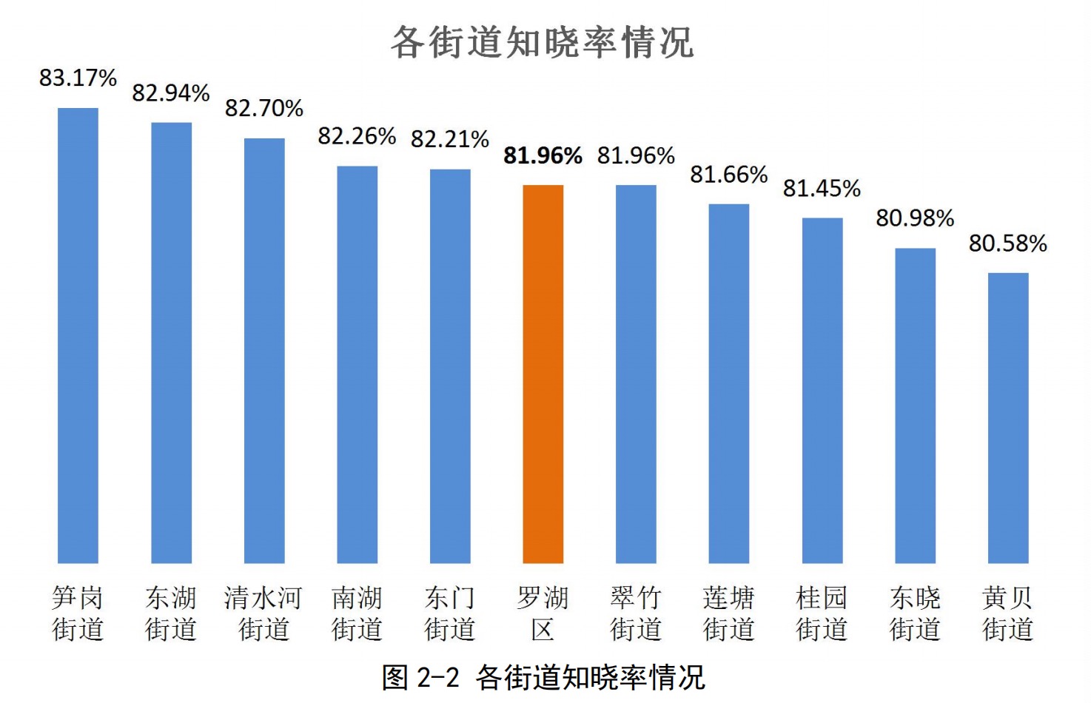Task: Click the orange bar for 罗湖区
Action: point(543,374)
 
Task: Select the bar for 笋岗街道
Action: point(78,335)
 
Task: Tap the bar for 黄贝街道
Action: point(1007,417)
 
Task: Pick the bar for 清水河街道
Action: point(264,350)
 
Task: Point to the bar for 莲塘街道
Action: point(729,383)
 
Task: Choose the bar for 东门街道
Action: point(450,366)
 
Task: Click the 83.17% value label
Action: point(78,78)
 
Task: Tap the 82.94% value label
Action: point(171,93)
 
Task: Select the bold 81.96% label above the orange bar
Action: point(543,155)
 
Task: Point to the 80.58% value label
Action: point(1007,243)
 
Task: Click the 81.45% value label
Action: point(822,189)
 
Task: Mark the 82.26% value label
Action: point(357,136)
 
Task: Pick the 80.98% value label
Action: point(915,218)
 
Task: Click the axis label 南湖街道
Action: point(357,613)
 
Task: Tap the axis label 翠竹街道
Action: point(636,613)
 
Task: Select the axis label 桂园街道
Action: point(822,613)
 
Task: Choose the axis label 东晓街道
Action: point(915,613)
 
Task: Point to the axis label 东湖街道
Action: point(171,613)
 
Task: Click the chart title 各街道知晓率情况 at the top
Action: point(543,42)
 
